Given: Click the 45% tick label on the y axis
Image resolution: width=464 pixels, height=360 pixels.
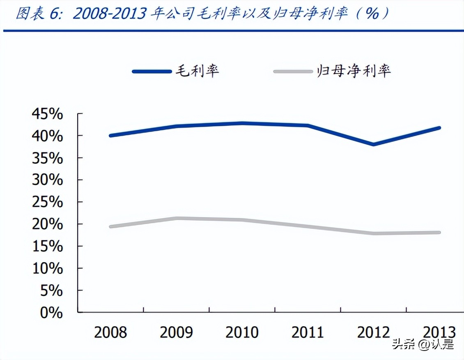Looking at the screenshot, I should [48, 114].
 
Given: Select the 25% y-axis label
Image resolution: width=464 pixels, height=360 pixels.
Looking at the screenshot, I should [48, 203].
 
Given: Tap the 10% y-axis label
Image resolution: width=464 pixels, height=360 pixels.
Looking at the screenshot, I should [48, 269].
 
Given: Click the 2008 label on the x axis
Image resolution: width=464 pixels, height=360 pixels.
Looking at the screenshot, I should [110, 332].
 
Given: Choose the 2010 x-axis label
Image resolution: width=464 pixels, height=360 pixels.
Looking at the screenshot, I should [242, 332].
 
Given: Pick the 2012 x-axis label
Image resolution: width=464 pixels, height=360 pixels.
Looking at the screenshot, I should [373, 332].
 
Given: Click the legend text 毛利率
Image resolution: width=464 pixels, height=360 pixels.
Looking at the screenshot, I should [198, 71].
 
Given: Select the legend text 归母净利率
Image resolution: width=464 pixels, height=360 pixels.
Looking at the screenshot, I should [354, 71].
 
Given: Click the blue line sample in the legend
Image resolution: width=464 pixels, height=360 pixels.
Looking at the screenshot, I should [152, 72].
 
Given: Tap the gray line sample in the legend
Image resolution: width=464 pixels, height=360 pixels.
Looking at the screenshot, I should [293, 72].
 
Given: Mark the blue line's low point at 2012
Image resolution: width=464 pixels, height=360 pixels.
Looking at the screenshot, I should [373, 144].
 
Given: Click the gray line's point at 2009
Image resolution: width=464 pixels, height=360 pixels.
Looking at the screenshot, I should [177, 218].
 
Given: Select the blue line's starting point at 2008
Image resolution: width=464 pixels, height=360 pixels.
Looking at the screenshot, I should [110, 135].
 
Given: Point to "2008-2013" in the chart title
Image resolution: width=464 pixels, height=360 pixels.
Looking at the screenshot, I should [109, 14].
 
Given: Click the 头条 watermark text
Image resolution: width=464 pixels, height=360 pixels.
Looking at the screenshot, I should [401, 344].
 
